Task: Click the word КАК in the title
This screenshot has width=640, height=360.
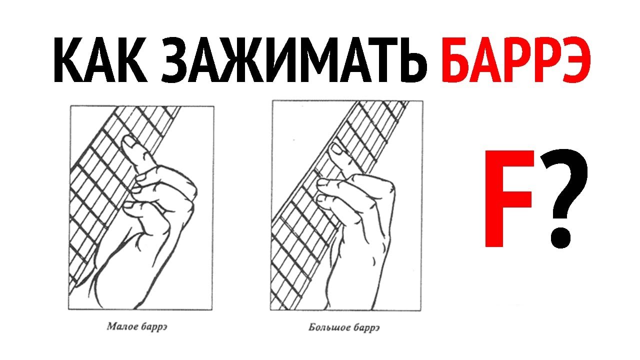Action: pyautogui.click(x=100, y=60)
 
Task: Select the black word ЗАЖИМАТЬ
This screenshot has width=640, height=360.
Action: pyautogui.click(x=294, y=60)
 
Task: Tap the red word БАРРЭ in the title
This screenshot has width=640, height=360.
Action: pyautogui.click(x=516, y=60)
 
